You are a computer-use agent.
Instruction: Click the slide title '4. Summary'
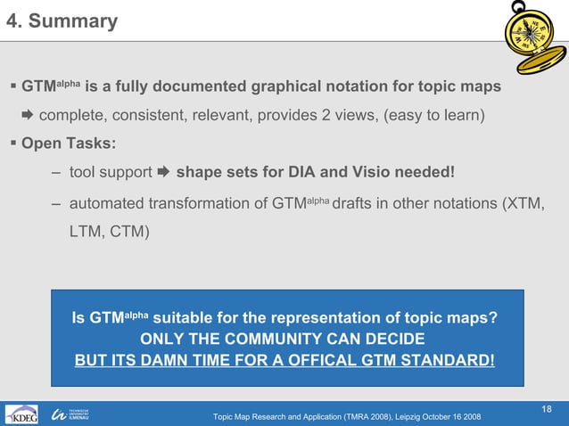(x=62, y=21)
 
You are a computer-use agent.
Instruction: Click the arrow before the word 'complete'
(x=27, y=116)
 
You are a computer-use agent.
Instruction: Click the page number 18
(x=548, y=408)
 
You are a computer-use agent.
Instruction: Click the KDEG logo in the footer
(x=21, y=415)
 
